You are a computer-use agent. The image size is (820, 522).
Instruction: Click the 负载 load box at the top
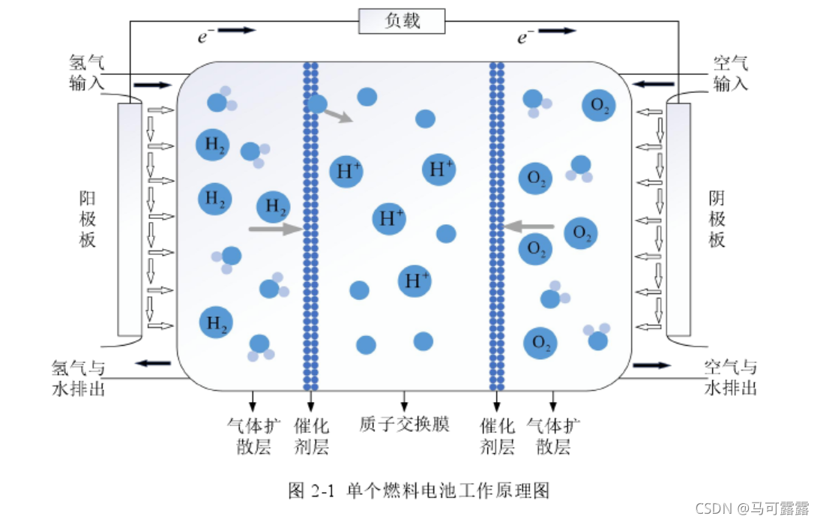(x=402, y=21)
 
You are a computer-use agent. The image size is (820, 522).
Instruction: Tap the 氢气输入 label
(x=86, y=73)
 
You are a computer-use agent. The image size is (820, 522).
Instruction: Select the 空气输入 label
(x=731, y=73)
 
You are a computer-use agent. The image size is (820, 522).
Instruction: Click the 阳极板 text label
(x=88, y=219)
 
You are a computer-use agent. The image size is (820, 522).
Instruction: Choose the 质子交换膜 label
(x=404, y=424)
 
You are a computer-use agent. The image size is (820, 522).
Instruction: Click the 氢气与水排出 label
(x=77, y=378)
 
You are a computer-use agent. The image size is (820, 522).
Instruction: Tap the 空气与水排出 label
(x=731, y=378)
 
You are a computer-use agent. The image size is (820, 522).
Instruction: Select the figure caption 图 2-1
(x=419, y=490)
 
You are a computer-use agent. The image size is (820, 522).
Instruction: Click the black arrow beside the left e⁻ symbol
(x=238, y=31)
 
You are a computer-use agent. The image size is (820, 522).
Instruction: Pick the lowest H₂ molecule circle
(x=216, y=323)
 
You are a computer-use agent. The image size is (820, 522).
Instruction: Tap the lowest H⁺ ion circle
(x=414, y=280)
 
